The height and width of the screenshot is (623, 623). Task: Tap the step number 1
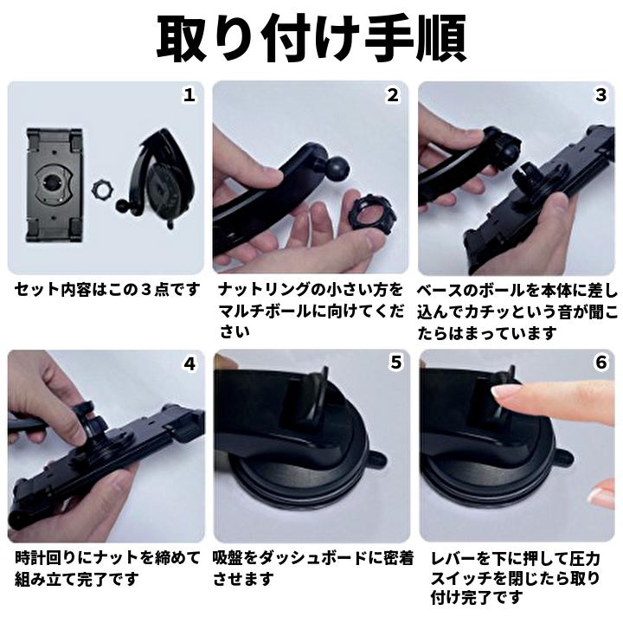188,95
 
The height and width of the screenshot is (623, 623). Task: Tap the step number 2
394,95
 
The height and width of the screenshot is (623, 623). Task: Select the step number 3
601,95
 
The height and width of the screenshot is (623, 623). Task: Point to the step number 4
188,363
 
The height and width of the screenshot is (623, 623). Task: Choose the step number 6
601,363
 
